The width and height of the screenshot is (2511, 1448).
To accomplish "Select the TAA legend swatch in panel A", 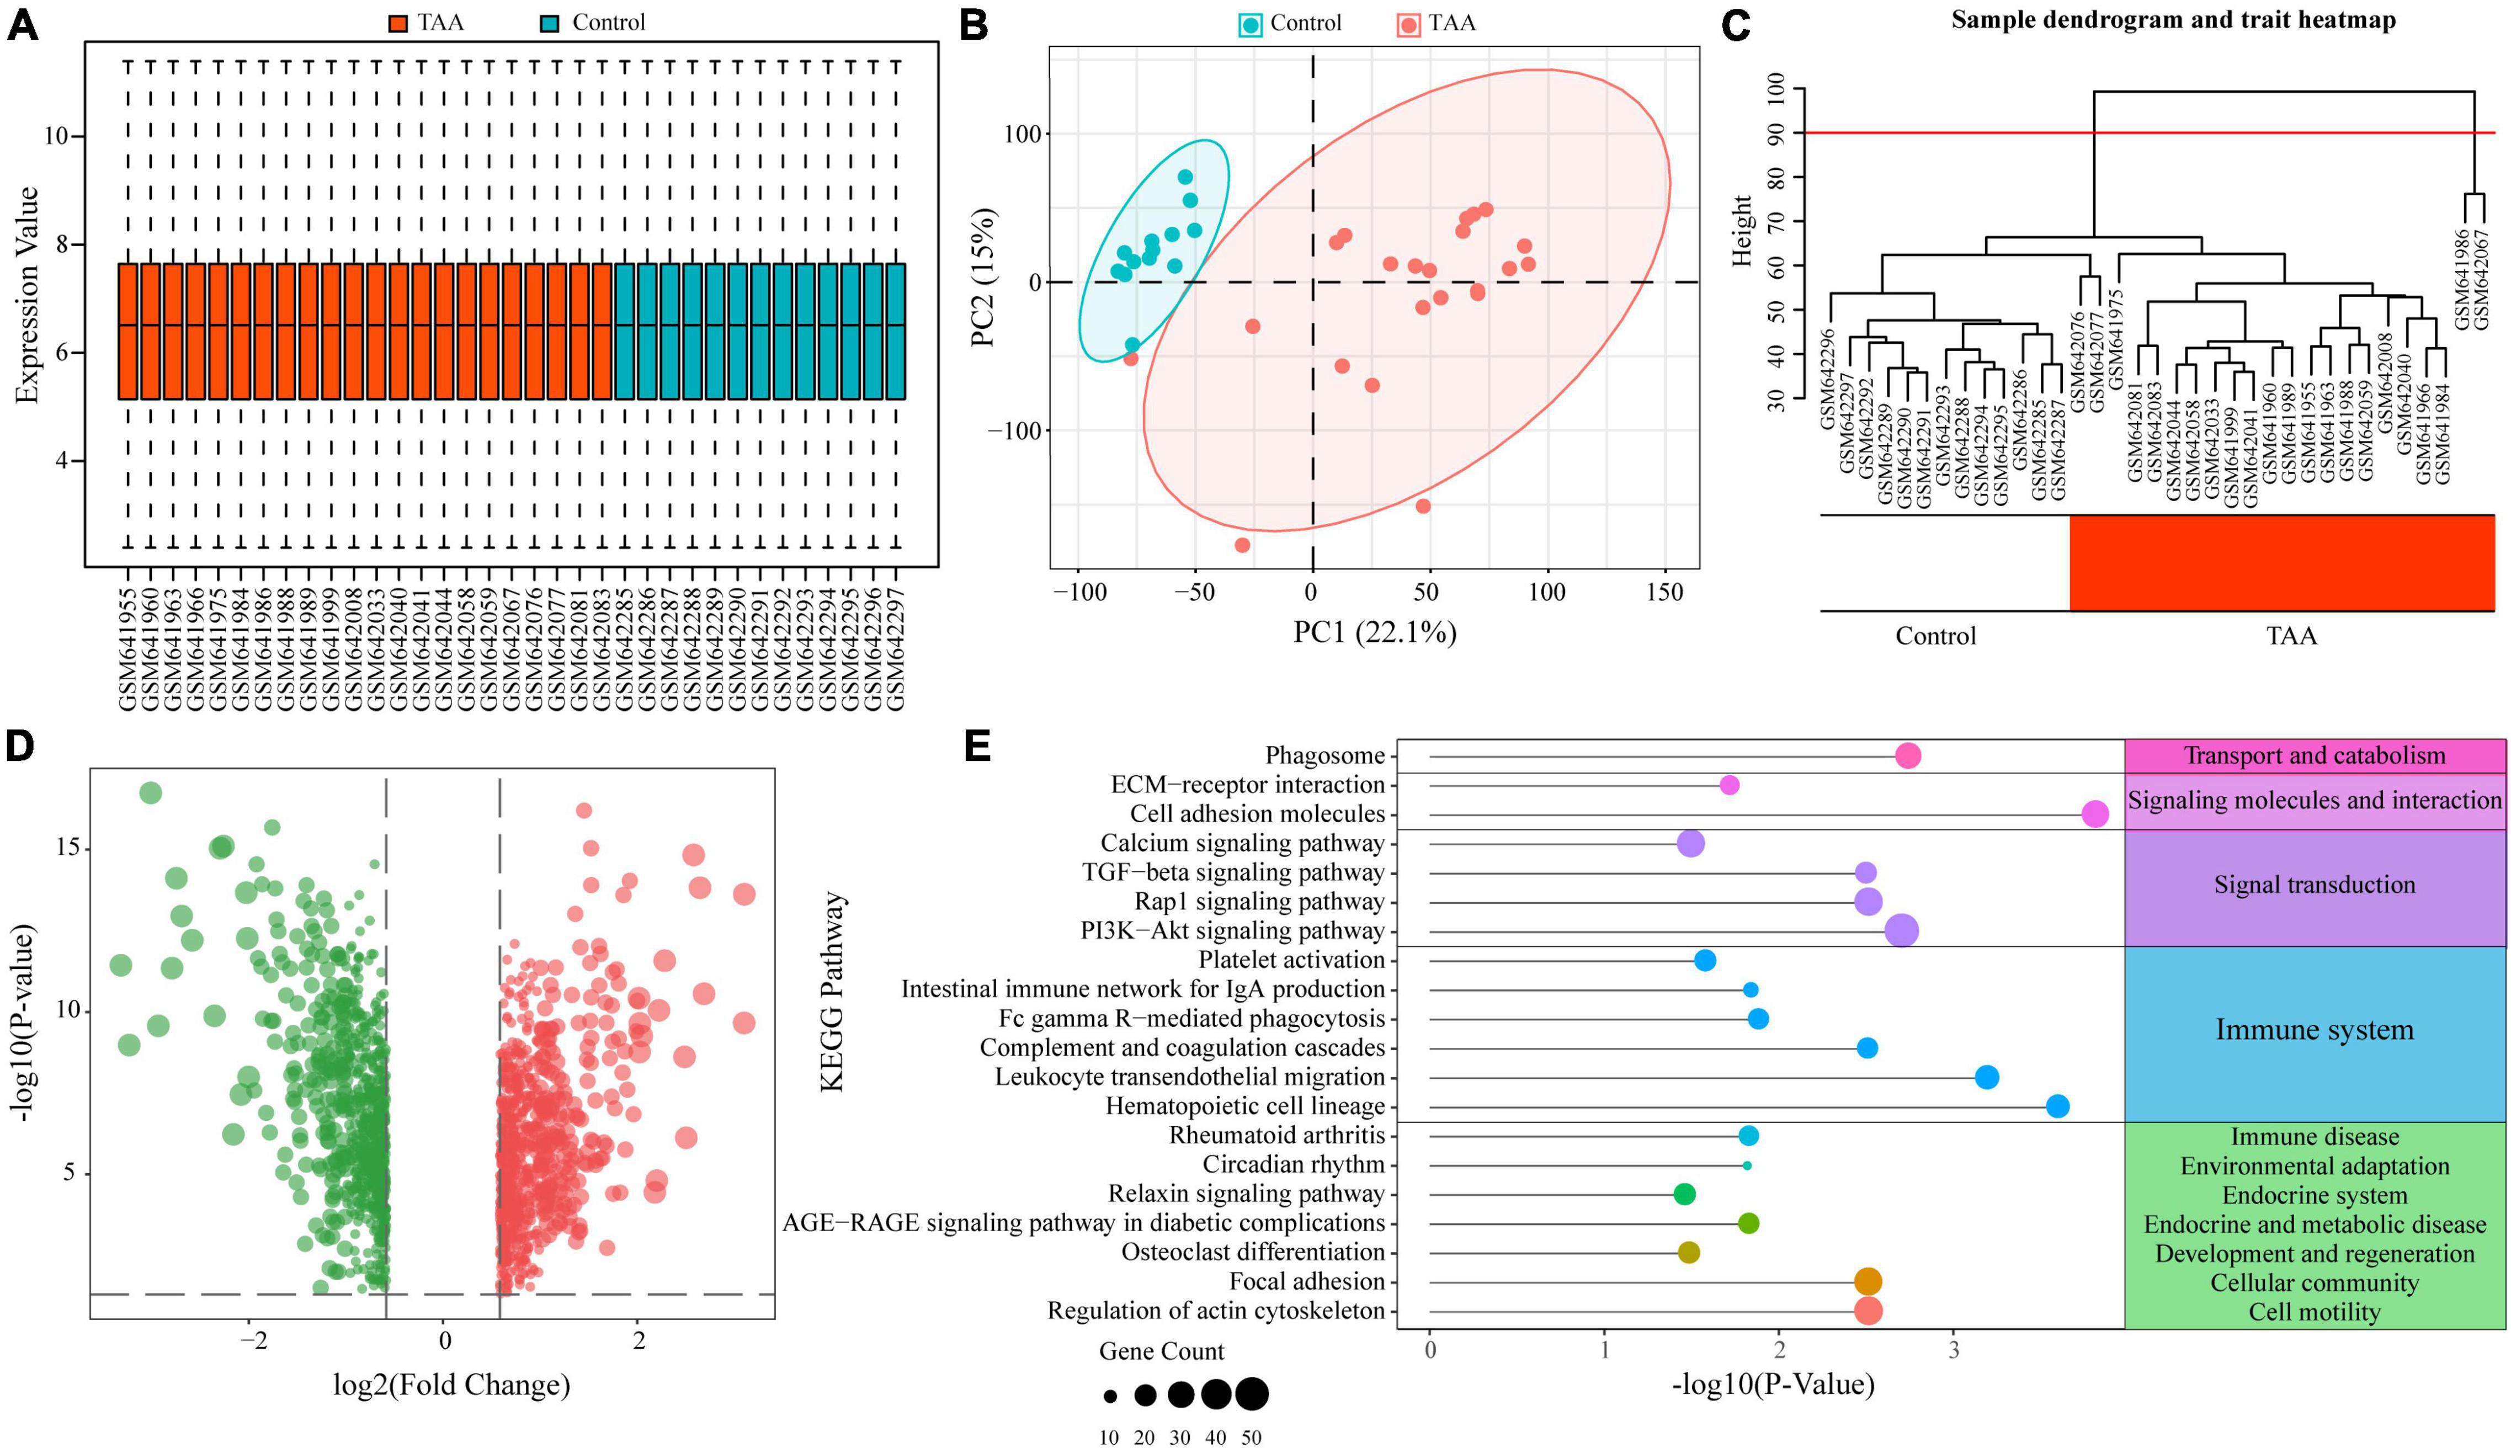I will [398, 23].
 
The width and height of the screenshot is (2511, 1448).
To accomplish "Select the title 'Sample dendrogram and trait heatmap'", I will [2173, 20].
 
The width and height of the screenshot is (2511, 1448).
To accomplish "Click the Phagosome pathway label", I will [1324, 757].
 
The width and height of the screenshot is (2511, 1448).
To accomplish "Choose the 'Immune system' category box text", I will [2314, 1030].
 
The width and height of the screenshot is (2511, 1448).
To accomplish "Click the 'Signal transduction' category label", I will [2314, 885].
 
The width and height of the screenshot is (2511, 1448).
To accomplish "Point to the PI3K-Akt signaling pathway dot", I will [1901, 931].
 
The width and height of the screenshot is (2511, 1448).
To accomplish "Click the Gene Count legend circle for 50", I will [1252, 1394].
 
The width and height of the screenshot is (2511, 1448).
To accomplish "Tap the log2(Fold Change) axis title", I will [451, 1385].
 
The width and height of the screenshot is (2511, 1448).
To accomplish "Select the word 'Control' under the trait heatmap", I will [1935, 636].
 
